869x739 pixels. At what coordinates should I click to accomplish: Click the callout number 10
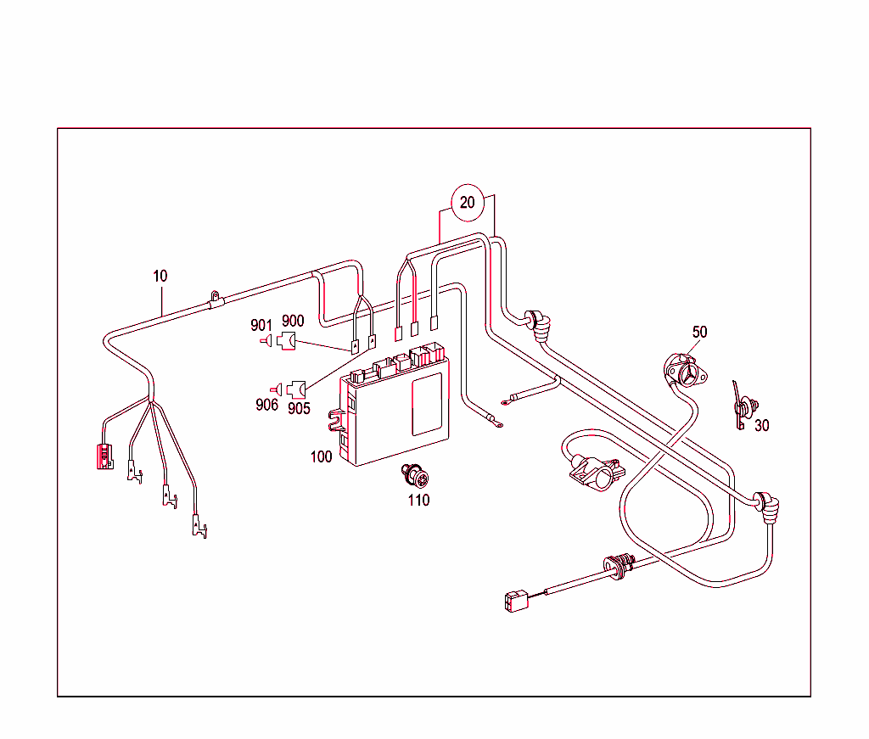(x=160, y=276)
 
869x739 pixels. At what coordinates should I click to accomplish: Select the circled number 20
(x=468, y=203)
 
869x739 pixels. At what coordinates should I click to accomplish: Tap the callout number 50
(x=699, y=332)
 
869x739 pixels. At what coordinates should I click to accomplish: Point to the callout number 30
(x=761, y=425)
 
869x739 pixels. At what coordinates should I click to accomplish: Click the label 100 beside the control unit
(x=321, y=456)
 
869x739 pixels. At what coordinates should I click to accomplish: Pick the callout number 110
(x=418, y=500)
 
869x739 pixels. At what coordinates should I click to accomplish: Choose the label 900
(x=293, y=322)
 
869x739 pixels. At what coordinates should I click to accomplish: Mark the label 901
(x=261, y=325)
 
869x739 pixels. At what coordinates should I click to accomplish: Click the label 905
(x=299, y=408)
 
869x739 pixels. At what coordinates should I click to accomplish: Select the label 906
(x=266, y=405)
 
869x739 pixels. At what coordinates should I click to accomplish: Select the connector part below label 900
(x=287, y=342)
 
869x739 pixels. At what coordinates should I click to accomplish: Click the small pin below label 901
(x=265, y=341)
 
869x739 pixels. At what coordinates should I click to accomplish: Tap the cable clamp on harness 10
(x=215, y=300)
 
